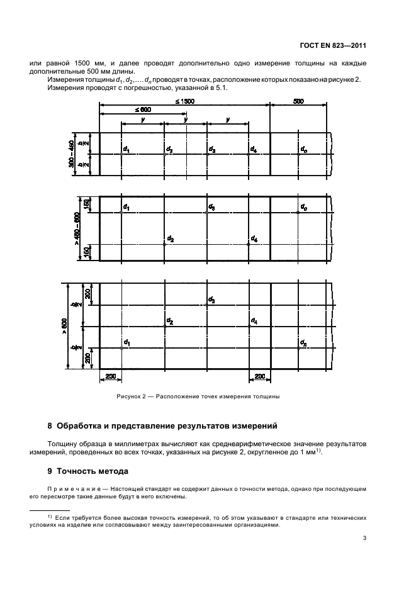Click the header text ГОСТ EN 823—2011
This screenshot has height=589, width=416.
tap(334, 44)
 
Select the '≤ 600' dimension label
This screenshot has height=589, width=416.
tap(142, 109)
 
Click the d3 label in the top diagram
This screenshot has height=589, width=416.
tap(212, 150)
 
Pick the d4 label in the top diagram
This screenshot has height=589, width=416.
tap(253, 150)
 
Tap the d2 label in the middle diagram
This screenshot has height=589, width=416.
tap(170, 239)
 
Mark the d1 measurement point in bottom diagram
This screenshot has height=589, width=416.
tap(121, 347)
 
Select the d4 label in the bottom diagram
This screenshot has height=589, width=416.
tap(253, 321)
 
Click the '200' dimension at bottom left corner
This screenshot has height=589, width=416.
tap(111, 376)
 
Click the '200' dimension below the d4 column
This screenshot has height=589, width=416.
tap(259, 376)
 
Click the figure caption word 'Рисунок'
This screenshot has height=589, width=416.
tap(128, 397)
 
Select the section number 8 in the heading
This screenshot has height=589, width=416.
tap(51, 426)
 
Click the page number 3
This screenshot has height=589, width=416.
tap(365, 537)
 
